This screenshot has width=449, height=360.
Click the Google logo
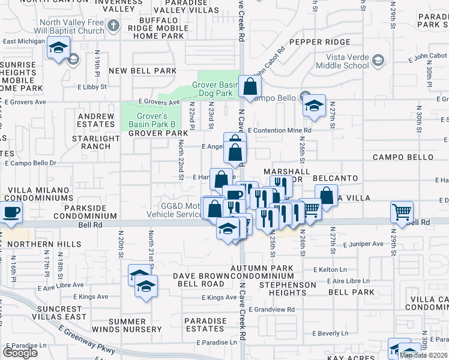(x=20, y=353)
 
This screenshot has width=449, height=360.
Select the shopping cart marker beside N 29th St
(x=402, y=211)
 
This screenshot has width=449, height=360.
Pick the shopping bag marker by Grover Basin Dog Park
(x=249, y=86)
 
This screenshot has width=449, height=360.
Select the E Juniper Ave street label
(x=363, y=244)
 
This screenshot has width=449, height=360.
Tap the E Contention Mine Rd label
(x=279, y=130)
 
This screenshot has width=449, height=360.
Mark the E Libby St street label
(x=92, y=87)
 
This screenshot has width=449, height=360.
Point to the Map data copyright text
(x=423, y=355)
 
